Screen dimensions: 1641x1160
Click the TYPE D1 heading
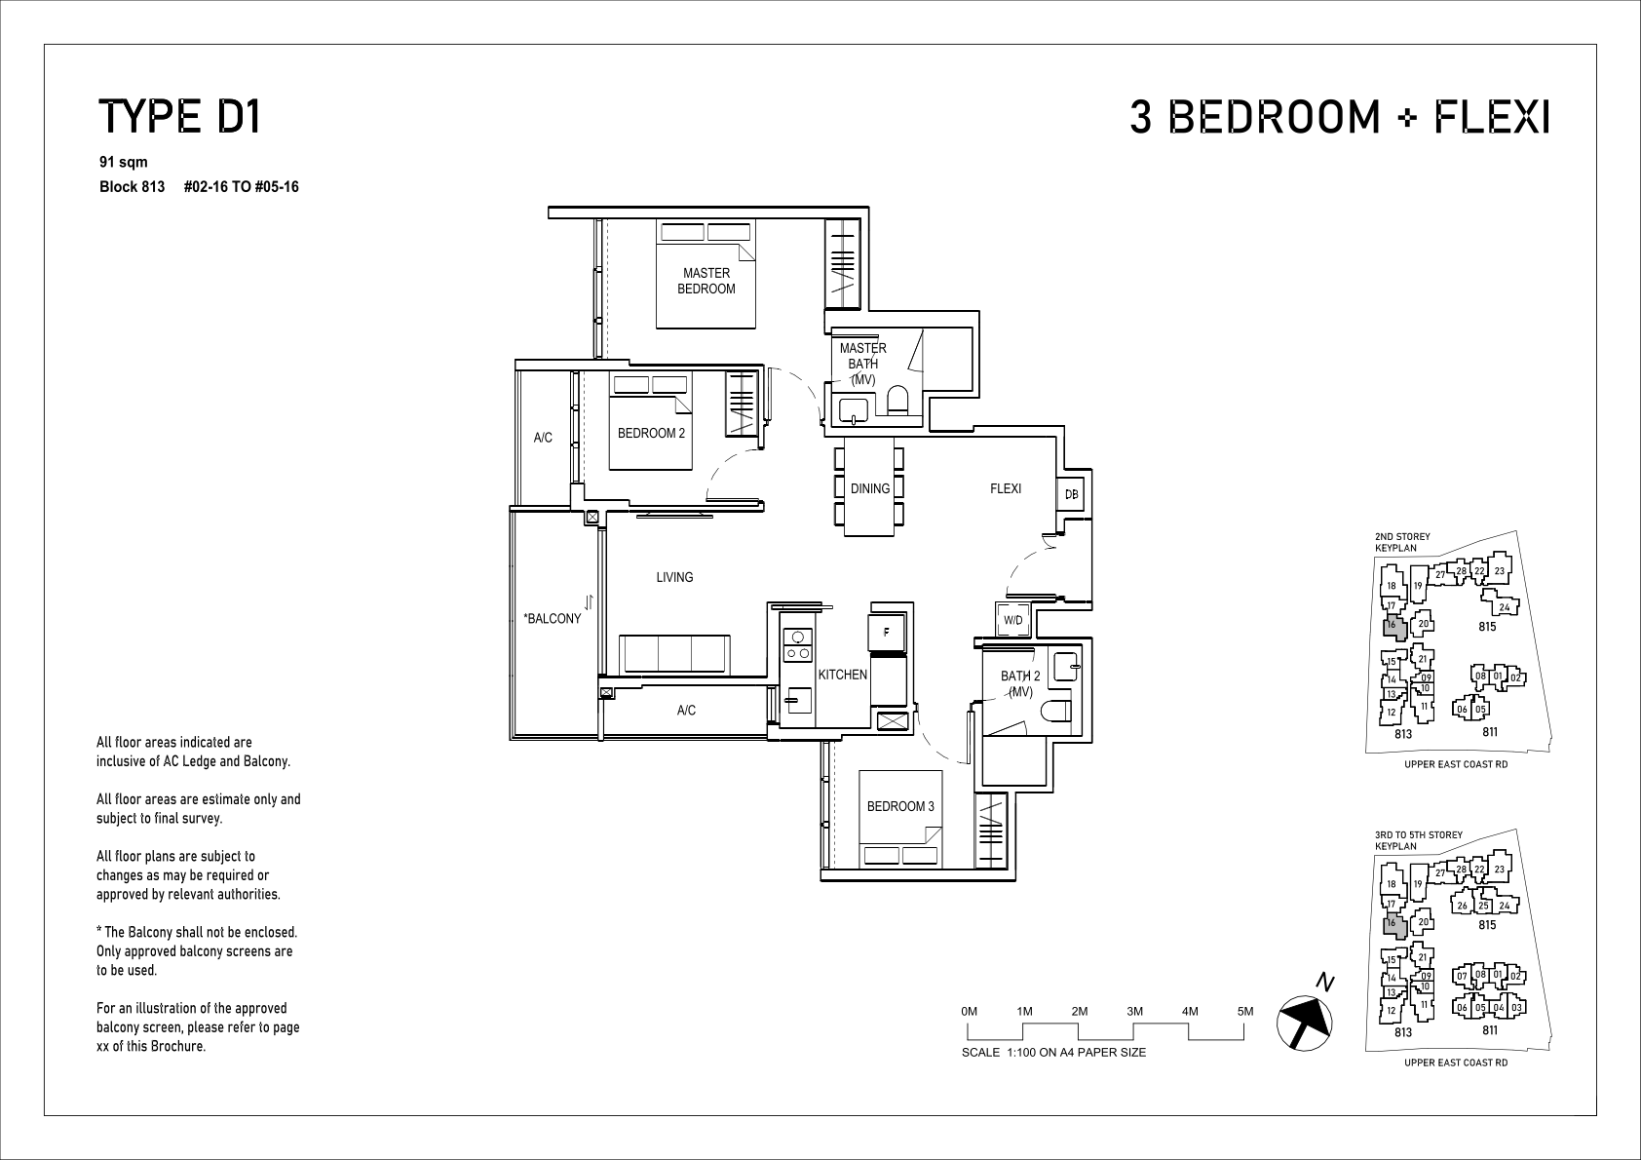[x=179, y=117]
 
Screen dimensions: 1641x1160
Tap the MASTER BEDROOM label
[x=706, y=281]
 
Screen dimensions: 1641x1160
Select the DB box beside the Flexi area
[x=1071, y=494]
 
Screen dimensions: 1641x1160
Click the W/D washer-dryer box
[x=1013, y=620]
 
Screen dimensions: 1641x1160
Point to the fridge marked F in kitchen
[x=887, y=632]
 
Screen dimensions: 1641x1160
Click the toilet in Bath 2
[x=1058, y=711]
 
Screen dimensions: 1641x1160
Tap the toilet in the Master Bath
[x=897, y=401]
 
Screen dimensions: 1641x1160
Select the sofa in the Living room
[x=674, y=654]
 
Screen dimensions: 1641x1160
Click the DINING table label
[x=870, y=488]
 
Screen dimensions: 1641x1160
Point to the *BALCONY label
[x=552, y=618]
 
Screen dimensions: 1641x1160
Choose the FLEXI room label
[x=1005, y=488]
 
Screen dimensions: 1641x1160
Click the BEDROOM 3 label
[x=900, y=806]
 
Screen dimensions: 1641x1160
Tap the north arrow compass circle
[x=1304, y=1023]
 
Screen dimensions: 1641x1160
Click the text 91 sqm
[x=124, y=162]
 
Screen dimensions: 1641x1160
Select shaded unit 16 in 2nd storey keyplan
[x=1393, y=627]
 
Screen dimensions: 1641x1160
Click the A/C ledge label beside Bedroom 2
[x=543, y=438]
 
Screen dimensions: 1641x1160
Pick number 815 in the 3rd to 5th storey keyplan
[x=1486, y=925]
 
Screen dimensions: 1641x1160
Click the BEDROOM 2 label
[x=651, y=433]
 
